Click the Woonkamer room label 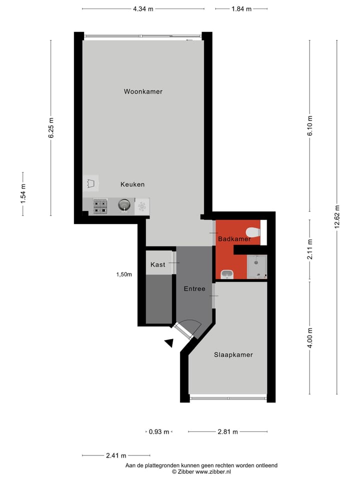coord(143,91)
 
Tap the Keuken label coord(132,184)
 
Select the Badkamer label coord(234,239)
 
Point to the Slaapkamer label coord(233,354)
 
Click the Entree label coord(194,288)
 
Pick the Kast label coord(157,264)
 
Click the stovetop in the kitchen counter coord(100,206)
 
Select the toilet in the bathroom coord(254,232)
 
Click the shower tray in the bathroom coord(257,266)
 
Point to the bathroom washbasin coord(227,274)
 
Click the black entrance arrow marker coord(169,342)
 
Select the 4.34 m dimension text coord(143,9)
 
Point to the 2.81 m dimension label coord(227,431)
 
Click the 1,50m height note coord(124,274)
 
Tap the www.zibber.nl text coord(213,471)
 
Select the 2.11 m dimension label coord(310,250)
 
